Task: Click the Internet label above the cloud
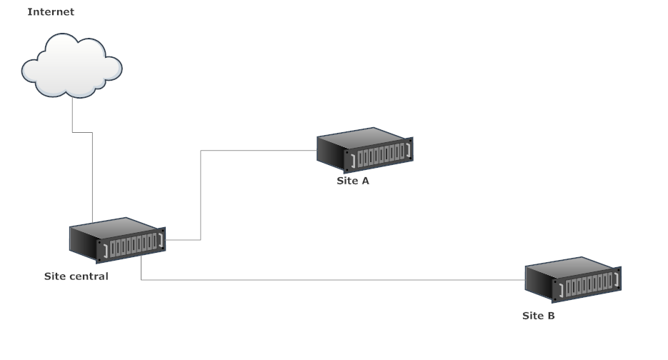point(50,12)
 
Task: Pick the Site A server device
point(365,150)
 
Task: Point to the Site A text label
point(353,181)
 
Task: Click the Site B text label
point(538,315)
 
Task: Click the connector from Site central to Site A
point(201,193)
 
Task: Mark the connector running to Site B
point(329,280)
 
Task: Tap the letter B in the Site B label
point(550,315)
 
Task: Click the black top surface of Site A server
point(361,138)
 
